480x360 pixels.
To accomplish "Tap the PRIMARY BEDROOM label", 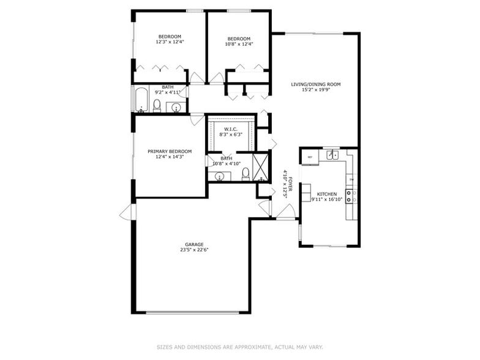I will [170, 151].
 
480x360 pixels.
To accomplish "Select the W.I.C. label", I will [231, 129].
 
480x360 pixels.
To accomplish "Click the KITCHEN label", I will [327, 193].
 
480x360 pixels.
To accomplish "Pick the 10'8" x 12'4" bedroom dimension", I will [239, 43].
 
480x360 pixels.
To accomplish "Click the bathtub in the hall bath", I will [141, 100].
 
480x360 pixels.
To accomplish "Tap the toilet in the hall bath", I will [157, 107].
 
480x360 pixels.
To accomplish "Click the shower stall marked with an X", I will [261, 167].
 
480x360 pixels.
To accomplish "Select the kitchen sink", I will [331, 155].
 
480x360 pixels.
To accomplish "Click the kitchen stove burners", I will [351, 196].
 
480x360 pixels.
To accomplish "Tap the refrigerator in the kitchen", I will [310, 157].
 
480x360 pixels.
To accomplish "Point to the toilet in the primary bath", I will [246, 174].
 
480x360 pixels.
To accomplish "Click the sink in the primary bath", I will [219, 176].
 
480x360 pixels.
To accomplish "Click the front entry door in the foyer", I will [285, 212].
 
